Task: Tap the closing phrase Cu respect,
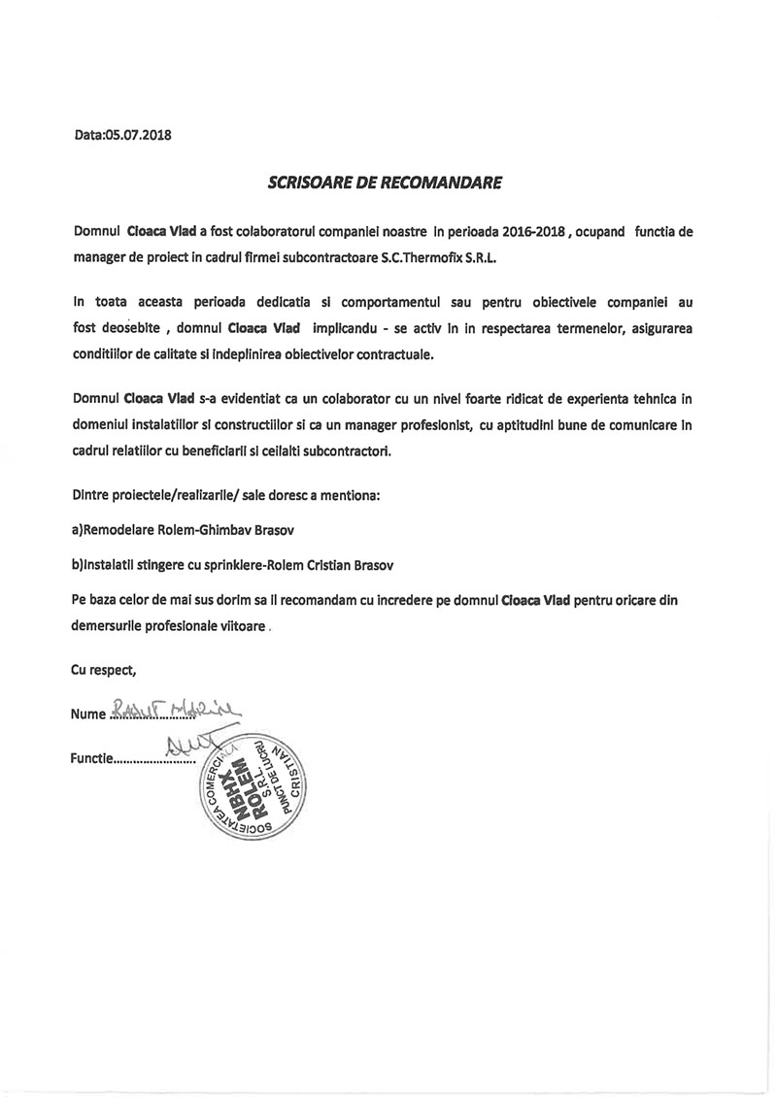tap(104, 669)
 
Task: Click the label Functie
tap(91, 762)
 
